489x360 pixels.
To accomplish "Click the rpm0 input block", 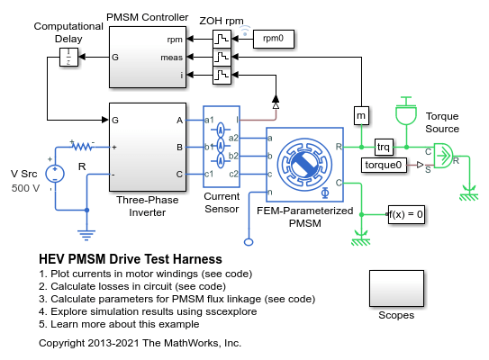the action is click(273, 39).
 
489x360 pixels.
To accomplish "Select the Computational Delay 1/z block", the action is click(68, 57).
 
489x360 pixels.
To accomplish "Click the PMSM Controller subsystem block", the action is click(148, 57).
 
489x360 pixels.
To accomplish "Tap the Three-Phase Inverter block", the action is click(148, 147).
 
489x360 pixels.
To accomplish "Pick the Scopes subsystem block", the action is click(396, 289).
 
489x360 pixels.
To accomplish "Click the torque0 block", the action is click(384, 165).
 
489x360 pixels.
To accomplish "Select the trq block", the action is click(384, 147).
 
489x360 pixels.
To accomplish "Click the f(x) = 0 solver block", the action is click(406, 214).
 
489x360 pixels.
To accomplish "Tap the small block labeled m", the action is click(361, 115).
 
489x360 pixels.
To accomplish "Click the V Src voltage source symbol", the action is click(55, 174).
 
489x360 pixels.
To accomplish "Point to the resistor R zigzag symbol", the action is click(83, 146).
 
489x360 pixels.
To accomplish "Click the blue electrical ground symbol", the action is click(86, 235).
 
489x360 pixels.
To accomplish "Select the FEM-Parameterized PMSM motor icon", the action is click(304, 165).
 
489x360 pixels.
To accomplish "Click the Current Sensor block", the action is click(222, 147).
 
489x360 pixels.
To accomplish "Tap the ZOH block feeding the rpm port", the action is click(222, 39).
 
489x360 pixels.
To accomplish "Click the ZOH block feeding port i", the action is click(222, 75).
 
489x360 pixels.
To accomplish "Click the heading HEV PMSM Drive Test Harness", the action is click(131, 259).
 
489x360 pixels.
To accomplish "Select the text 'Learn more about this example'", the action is click(125, 324).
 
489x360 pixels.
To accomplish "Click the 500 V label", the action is click(25, 188).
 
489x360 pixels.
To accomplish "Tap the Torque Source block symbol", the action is click(443, 156).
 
